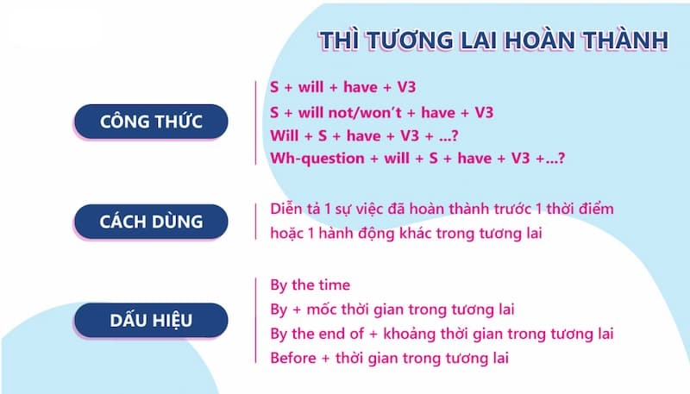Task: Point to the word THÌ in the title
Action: (x=338, y=41)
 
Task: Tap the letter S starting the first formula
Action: (x=274, y=87)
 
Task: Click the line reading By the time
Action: (x=310, y=285)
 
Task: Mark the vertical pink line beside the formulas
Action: (x=258, y=122)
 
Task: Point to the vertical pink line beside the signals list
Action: (x=258, y=322)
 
